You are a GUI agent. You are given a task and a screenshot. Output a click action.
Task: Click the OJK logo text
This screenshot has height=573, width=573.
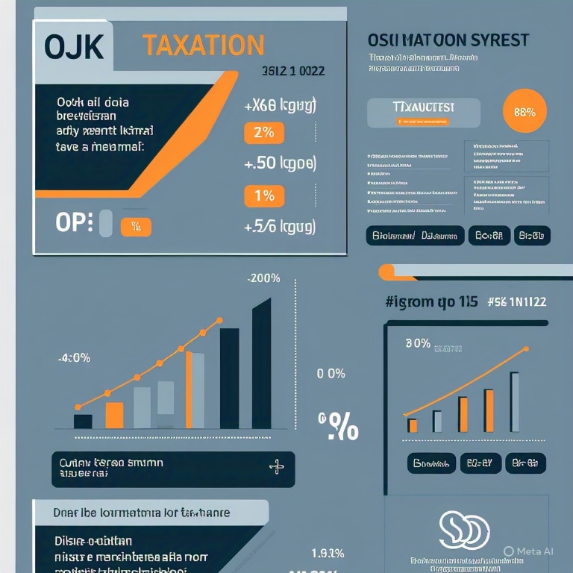(73, 47)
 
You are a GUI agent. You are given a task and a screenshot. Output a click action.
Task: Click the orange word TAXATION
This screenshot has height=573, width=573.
(203, 46)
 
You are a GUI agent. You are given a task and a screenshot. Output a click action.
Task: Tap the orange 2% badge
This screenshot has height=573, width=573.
(264, 133)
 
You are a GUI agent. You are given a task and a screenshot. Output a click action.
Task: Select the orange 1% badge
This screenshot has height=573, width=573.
(264, 196)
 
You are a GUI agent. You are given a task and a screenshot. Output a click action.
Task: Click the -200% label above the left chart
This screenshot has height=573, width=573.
(263, 278)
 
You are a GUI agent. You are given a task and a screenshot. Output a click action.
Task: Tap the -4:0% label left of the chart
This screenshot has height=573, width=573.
(74, 357)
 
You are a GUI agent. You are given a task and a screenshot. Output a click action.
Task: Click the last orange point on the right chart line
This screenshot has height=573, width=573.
(527, 348)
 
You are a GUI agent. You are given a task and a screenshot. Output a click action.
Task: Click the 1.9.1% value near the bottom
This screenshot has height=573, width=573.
(327, 554)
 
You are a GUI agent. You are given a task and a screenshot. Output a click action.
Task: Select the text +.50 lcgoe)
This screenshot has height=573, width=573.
(281, 163)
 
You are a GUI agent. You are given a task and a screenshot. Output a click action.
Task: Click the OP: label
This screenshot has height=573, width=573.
(75, 222)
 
